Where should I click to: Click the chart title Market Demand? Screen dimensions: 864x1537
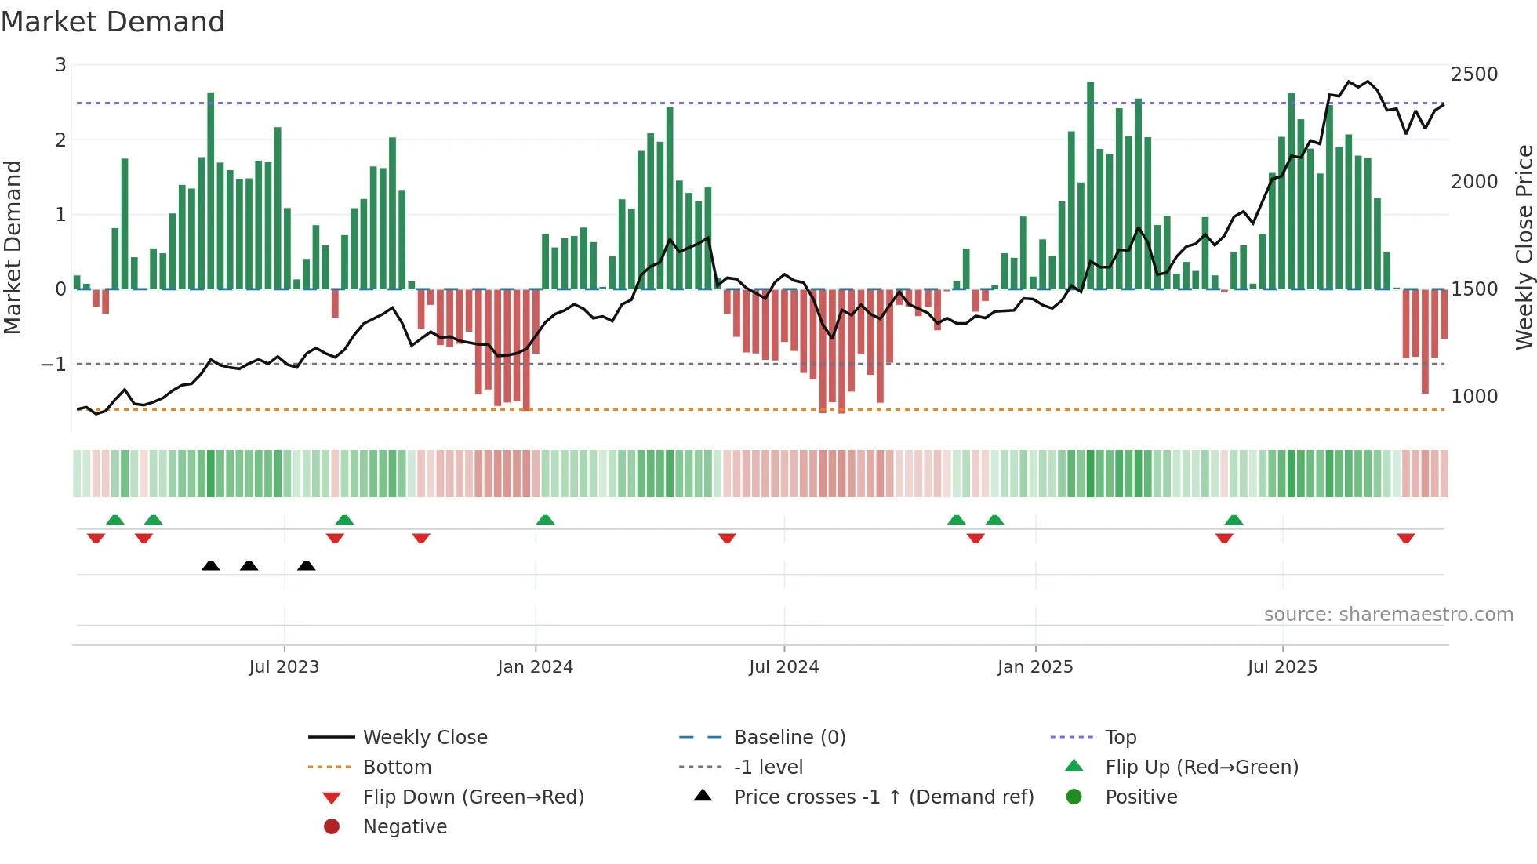point(113,22)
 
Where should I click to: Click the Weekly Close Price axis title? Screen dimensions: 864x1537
point(1524,247)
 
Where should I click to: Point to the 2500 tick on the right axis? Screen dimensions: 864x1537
point(1473,74)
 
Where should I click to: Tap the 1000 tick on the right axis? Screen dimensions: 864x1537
point(1473,397)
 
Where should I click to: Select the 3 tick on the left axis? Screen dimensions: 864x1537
point(60,65)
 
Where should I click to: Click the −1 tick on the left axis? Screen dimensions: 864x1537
point(53,365)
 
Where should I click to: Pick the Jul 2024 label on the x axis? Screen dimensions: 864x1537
point(783,667)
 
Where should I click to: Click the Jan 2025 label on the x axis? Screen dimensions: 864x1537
point(1034,667)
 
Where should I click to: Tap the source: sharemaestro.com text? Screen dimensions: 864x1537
point(1388,615)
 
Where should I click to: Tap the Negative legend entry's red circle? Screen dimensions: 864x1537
point(332,827)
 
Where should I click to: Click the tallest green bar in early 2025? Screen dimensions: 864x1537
point(1090,185)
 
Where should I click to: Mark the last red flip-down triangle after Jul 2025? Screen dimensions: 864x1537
point(1405,538)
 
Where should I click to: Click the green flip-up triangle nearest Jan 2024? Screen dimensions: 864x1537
point(545,520)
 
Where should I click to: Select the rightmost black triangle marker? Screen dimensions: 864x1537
point(307,565)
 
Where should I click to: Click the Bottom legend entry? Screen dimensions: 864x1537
point(397,768)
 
